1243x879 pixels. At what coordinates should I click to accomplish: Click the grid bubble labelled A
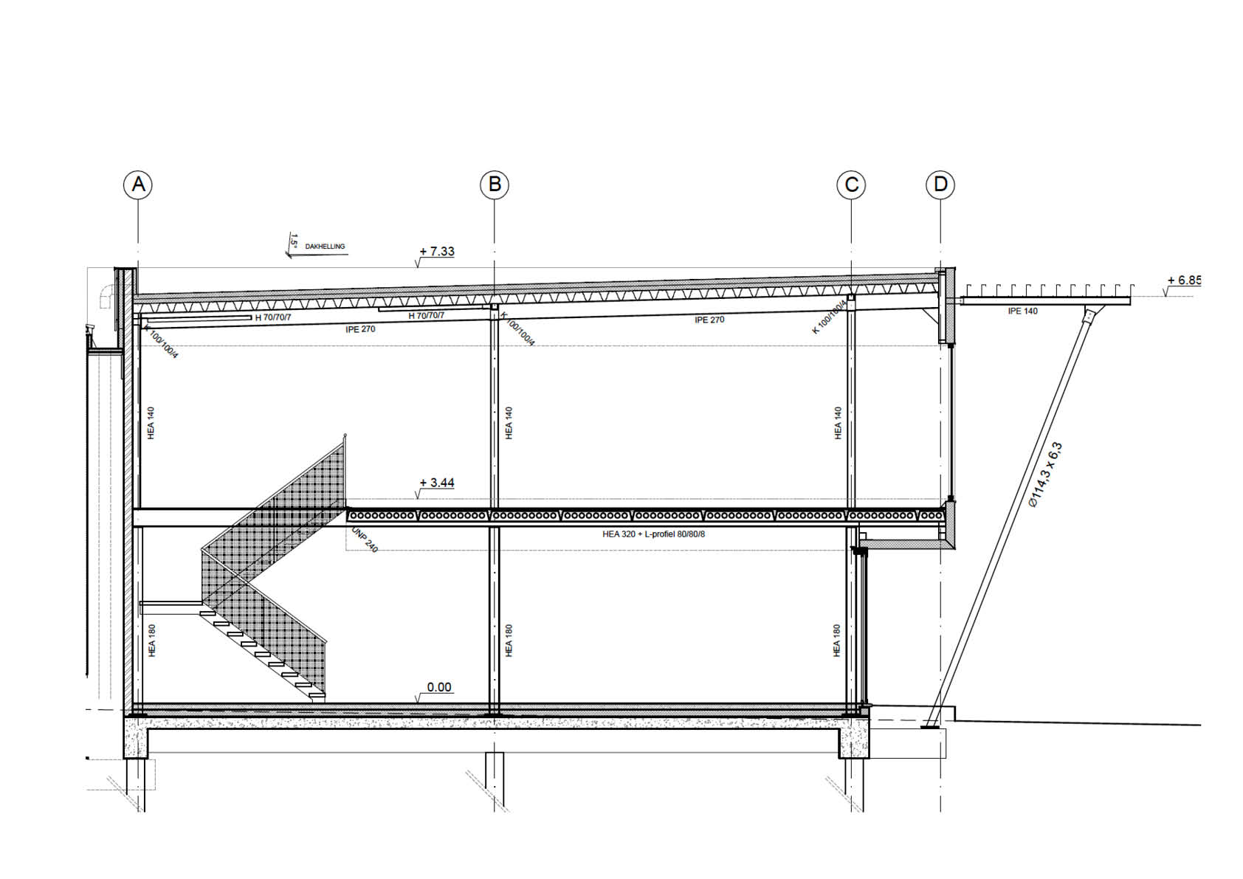point(138,184)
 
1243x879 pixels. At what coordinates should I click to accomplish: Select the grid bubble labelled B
point(495,184)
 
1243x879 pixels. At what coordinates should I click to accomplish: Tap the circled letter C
point(851,185)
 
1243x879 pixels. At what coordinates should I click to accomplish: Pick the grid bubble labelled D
point(940,184)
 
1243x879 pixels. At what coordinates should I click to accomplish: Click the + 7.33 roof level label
point(437,252)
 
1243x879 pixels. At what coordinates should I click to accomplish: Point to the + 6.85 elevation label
point(1184,280)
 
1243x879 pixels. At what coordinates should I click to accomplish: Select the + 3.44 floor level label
point(437,483)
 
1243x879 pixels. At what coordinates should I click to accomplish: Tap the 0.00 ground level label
point(439,687)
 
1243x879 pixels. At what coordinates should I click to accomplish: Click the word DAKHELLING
point(325,247)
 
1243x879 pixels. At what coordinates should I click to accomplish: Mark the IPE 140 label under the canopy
point(1022,311)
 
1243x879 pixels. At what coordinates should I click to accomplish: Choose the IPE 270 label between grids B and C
point(709,320)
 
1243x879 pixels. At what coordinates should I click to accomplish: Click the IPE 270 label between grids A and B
point(360,329)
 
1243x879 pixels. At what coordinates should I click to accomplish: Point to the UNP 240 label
point(365,540)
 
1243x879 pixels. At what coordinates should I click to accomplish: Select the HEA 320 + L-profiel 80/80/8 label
point(653,534)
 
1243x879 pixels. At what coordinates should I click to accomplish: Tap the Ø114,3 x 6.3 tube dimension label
point(1045,474)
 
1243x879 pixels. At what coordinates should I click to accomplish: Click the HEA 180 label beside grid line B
point(509,641)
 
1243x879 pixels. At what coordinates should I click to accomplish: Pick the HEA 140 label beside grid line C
point(838,423)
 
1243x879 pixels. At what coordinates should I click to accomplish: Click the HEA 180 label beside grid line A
point(151,641)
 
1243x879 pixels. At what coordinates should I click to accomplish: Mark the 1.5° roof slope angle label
point(294,240)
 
